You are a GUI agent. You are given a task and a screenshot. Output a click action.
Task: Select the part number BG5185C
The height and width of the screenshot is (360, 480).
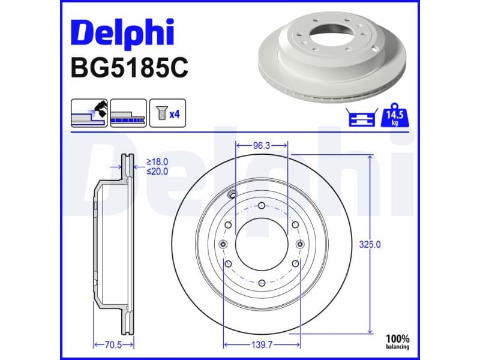(130, 68)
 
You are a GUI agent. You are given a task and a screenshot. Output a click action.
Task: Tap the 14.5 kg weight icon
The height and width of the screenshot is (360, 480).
(395, 114)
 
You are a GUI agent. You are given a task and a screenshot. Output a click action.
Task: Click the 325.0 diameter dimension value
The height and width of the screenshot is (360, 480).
(370, 244)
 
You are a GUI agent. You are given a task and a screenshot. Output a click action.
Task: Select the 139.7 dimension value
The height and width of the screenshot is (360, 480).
(262, 344)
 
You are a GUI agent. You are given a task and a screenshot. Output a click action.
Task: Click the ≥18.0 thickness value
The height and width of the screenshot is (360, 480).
(157, 162)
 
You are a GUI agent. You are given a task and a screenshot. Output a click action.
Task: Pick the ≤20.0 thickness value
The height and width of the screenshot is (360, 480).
(157, 171)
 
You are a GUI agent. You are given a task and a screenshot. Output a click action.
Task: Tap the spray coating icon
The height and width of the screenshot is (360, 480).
(89, 113)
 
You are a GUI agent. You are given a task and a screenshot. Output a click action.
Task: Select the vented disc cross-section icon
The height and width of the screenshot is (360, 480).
(128, 113)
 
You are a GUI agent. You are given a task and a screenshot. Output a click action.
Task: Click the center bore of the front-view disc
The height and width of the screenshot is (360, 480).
(262, 244)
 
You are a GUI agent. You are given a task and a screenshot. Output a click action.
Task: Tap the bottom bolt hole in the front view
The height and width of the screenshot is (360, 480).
(262, 283)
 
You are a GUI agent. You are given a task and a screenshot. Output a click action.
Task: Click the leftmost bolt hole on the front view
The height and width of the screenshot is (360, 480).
(224, 244)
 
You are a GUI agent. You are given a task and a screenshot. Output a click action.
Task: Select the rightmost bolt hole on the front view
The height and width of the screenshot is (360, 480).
(300, 244)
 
